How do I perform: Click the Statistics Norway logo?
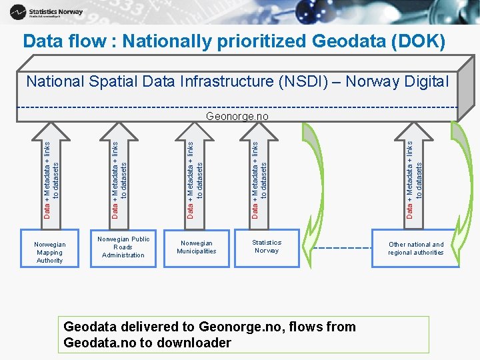[46, 11]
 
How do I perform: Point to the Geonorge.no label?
[237, 116]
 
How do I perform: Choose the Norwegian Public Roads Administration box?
[123, 247]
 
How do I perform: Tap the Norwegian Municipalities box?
[197, 247]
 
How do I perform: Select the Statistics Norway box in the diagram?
[267, 247]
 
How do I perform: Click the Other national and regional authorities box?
[416, 249]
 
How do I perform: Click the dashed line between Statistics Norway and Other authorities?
[341, 248]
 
